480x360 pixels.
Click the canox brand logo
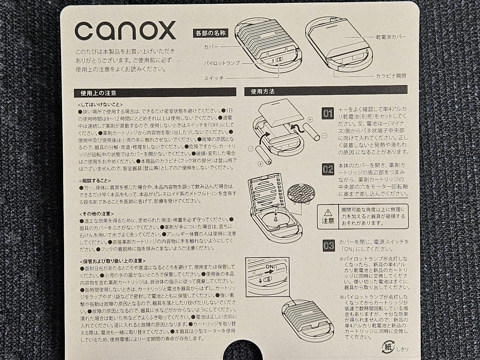(x=125, y=30)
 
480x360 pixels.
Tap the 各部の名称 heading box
(x=210, y=34)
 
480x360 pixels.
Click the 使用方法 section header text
(x=262, y=92)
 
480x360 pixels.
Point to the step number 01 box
(x=328, y=114)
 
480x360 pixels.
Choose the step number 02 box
(x=328, y=169)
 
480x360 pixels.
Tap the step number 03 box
(x=329, y=246)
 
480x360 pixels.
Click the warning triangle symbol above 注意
(x=328, y=212)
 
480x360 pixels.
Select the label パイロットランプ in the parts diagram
(x=222, y=63)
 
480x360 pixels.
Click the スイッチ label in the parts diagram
(x=214, y=78)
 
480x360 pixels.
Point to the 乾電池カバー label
(x=391, y=37)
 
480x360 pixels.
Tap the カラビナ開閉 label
(x=391, y=76)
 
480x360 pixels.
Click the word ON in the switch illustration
(x=270, y=267)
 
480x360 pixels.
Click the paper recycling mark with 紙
(x=388, y=347)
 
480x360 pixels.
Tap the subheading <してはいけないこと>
(x=100, y=104)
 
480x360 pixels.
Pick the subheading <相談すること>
(x=95, y=181)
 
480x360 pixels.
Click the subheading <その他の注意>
(x=96, y=214)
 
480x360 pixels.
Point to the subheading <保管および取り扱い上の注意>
(x=113, y=261)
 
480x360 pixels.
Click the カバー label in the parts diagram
(x=211, y=47)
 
